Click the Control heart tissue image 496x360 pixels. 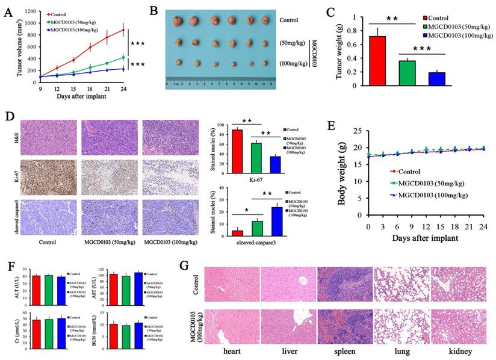232,284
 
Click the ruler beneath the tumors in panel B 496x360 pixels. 222,84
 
